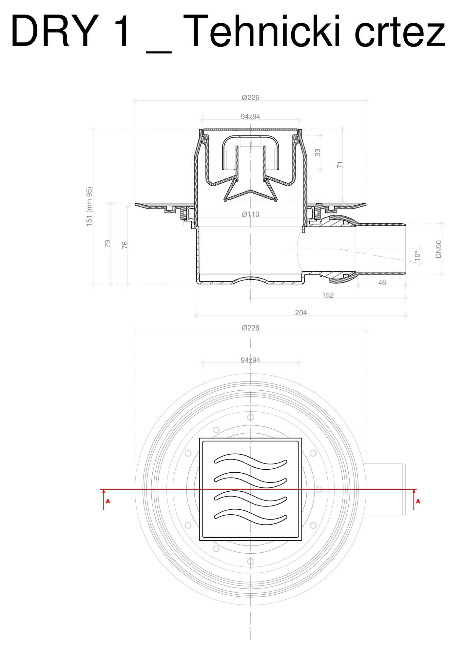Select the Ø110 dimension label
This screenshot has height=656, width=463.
(251, 215)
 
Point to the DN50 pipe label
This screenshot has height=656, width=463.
(438, 249)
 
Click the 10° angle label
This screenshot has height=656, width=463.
(417, 256)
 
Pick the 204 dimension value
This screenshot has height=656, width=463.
(301, 313)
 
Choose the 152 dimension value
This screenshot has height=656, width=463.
(328, 296)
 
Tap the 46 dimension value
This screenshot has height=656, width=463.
(382, 283)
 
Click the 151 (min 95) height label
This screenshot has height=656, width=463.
(89, 207)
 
